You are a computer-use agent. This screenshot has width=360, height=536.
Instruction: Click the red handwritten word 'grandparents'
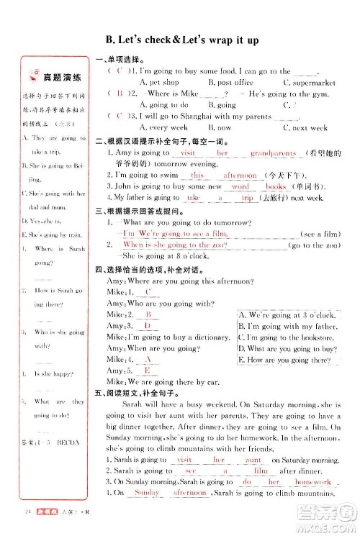[273, 153]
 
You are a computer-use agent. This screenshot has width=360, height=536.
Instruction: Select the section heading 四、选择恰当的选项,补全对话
[144, 269]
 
